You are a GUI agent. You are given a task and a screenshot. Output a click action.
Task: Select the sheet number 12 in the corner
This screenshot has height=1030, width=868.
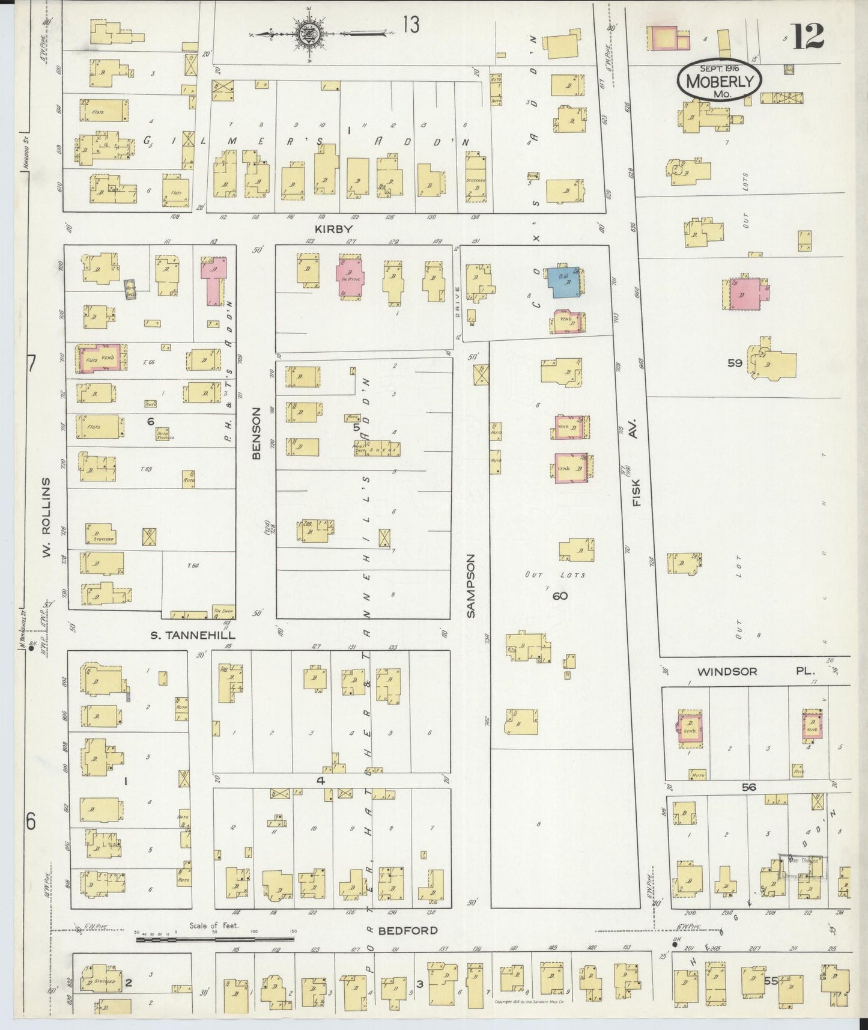808,35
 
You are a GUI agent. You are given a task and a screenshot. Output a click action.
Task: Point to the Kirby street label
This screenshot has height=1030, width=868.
332,230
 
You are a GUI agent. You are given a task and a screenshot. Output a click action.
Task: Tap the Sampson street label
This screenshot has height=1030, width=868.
471,587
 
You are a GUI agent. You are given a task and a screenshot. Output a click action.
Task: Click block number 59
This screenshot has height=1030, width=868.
735,363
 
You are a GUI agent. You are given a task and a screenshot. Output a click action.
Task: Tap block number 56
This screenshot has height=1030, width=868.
748,787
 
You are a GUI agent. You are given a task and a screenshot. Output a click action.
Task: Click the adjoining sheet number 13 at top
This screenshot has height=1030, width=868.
411,25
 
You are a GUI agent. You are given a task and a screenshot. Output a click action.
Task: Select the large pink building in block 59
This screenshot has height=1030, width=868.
745,294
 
